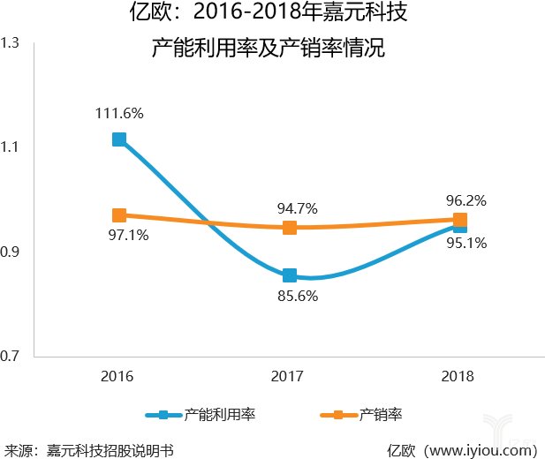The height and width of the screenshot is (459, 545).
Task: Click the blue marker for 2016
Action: [x=118, y=139]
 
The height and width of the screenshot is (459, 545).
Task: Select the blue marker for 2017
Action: [x=289, y=275]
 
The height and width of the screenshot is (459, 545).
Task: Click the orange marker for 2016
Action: [x=118, y=215]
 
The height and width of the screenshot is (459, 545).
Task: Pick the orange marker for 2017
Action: [x=289, y=228]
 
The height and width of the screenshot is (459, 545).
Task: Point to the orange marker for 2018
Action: [x=459, y=220]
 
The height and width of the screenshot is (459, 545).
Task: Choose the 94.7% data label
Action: [x=295, y=208]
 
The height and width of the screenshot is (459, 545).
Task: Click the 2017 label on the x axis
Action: [x=288, y=377]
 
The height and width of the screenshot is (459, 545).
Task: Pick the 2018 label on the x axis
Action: [x=458, y=377]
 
